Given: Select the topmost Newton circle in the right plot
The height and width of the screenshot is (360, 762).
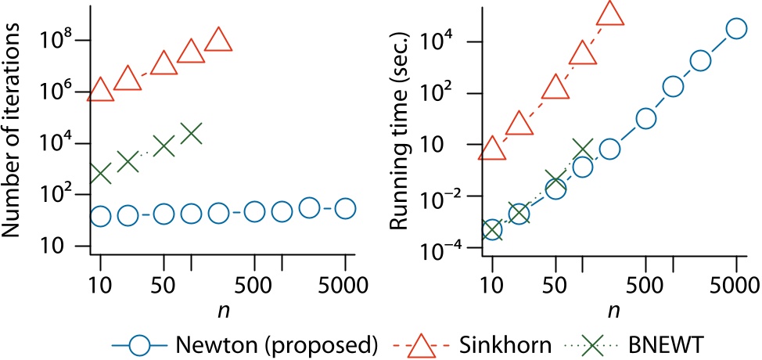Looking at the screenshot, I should pos(735,28).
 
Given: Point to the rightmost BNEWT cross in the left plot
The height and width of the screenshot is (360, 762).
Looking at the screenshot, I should pos(191,133).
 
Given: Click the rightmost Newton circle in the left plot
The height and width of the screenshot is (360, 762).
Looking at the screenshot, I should pos(344,208).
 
